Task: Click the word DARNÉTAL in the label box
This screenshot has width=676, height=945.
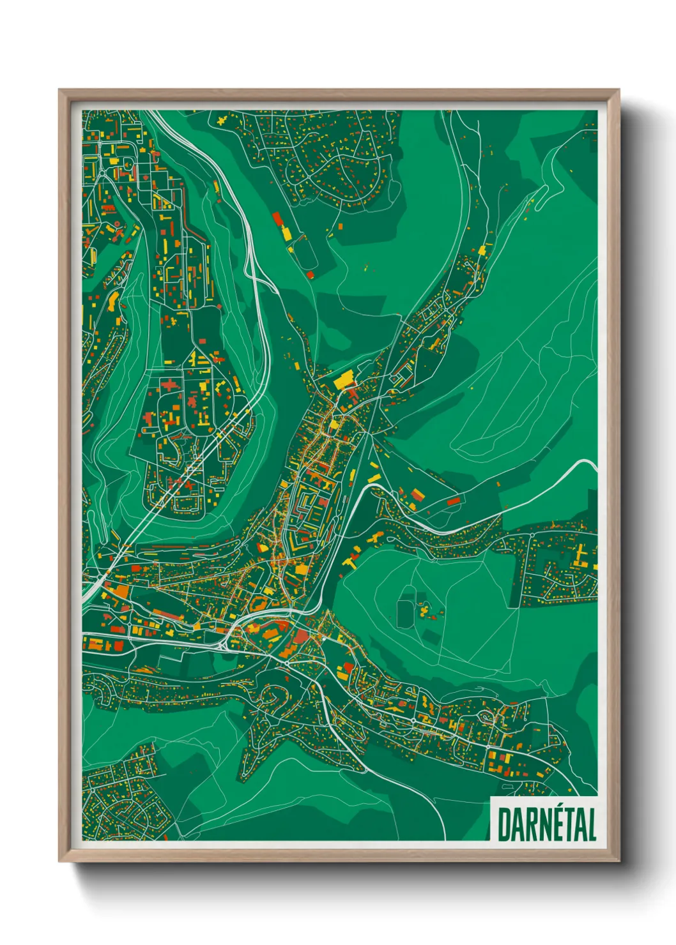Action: tap(546, 824)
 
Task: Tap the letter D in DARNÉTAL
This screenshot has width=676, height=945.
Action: tap(503, 824)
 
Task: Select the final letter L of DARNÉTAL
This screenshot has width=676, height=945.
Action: tap(592, 824)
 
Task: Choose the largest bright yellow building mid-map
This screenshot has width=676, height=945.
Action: tap(344, 380)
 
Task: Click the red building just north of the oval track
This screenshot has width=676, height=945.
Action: tap(279, 220)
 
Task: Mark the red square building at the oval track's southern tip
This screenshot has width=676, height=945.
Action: tap(311, 275)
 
